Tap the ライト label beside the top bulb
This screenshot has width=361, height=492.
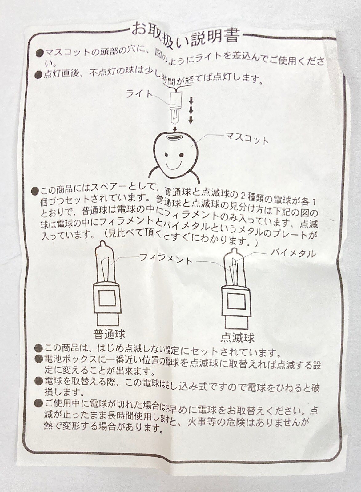pos(139,94)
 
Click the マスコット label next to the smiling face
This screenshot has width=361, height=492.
pos(247,139)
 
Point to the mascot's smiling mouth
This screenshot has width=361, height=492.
pos(174,165)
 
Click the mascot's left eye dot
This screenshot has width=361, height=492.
pos(166,155)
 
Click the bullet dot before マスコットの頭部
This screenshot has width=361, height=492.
pos(40,53)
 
